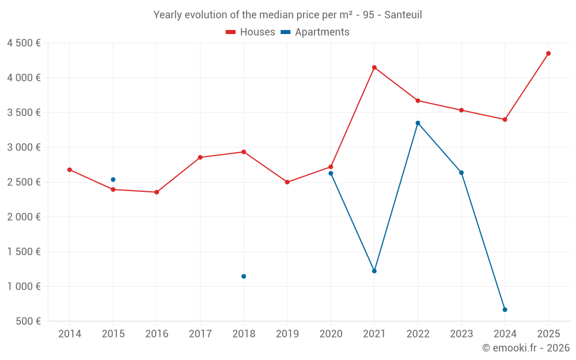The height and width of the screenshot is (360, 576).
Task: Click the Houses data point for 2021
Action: pyautogui.click(x=374, y=67)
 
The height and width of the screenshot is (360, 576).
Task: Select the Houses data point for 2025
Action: pyautogui.click(x=548, y=54)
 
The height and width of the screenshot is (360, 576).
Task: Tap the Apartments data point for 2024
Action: pyautogui.click(x=505, y=310)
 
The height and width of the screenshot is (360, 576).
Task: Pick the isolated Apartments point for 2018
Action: pyautogui.click(x=244, y=276)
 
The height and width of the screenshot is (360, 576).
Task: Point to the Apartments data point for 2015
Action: pyautogui.click(x=113, y=180)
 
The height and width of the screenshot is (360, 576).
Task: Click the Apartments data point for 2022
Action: pyautogui.click(x=418, y=123)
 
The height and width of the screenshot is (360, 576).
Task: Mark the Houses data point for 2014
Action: pyautogui.click(x=70, y=170)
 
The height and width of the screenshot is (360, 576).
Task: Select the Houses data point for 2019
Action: pyautogui.click(x=287, y=182)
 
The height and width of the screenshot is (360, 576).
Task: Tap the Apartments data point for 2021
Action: pyautogui.click(x=374, y=271)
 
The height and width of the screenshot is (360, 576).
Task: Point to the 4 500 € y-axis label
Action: pyautogui.click(x=24, y=43)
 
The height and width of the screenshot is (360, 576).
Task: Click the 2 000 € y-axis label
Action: pyautogui.click(x=24, y=217)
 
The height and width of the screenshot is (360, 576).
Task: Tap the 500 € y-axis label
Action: pyautogui.click(x=28, y=321)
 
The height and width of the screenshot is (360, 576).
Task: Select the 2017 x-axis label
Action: pyautogui.click(x=200, y=334)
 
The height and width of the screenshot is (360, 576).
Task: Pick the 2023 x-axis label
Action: pyautogui.click(x=461, y=334)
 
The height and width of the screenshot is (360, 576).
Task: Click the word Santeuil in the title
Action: pyautogui.click(x=403, y=15)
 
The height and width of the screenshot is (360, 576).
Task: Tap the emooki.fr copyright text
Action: pyautogui.click(x=526, y=348)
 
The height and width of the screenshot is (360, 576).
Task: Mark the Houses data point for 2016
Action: pyautogui.click(x=157, y=192)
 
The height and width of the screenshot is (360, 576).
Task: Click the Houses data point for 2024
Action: pyautogui.click(x=505, y=120)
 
